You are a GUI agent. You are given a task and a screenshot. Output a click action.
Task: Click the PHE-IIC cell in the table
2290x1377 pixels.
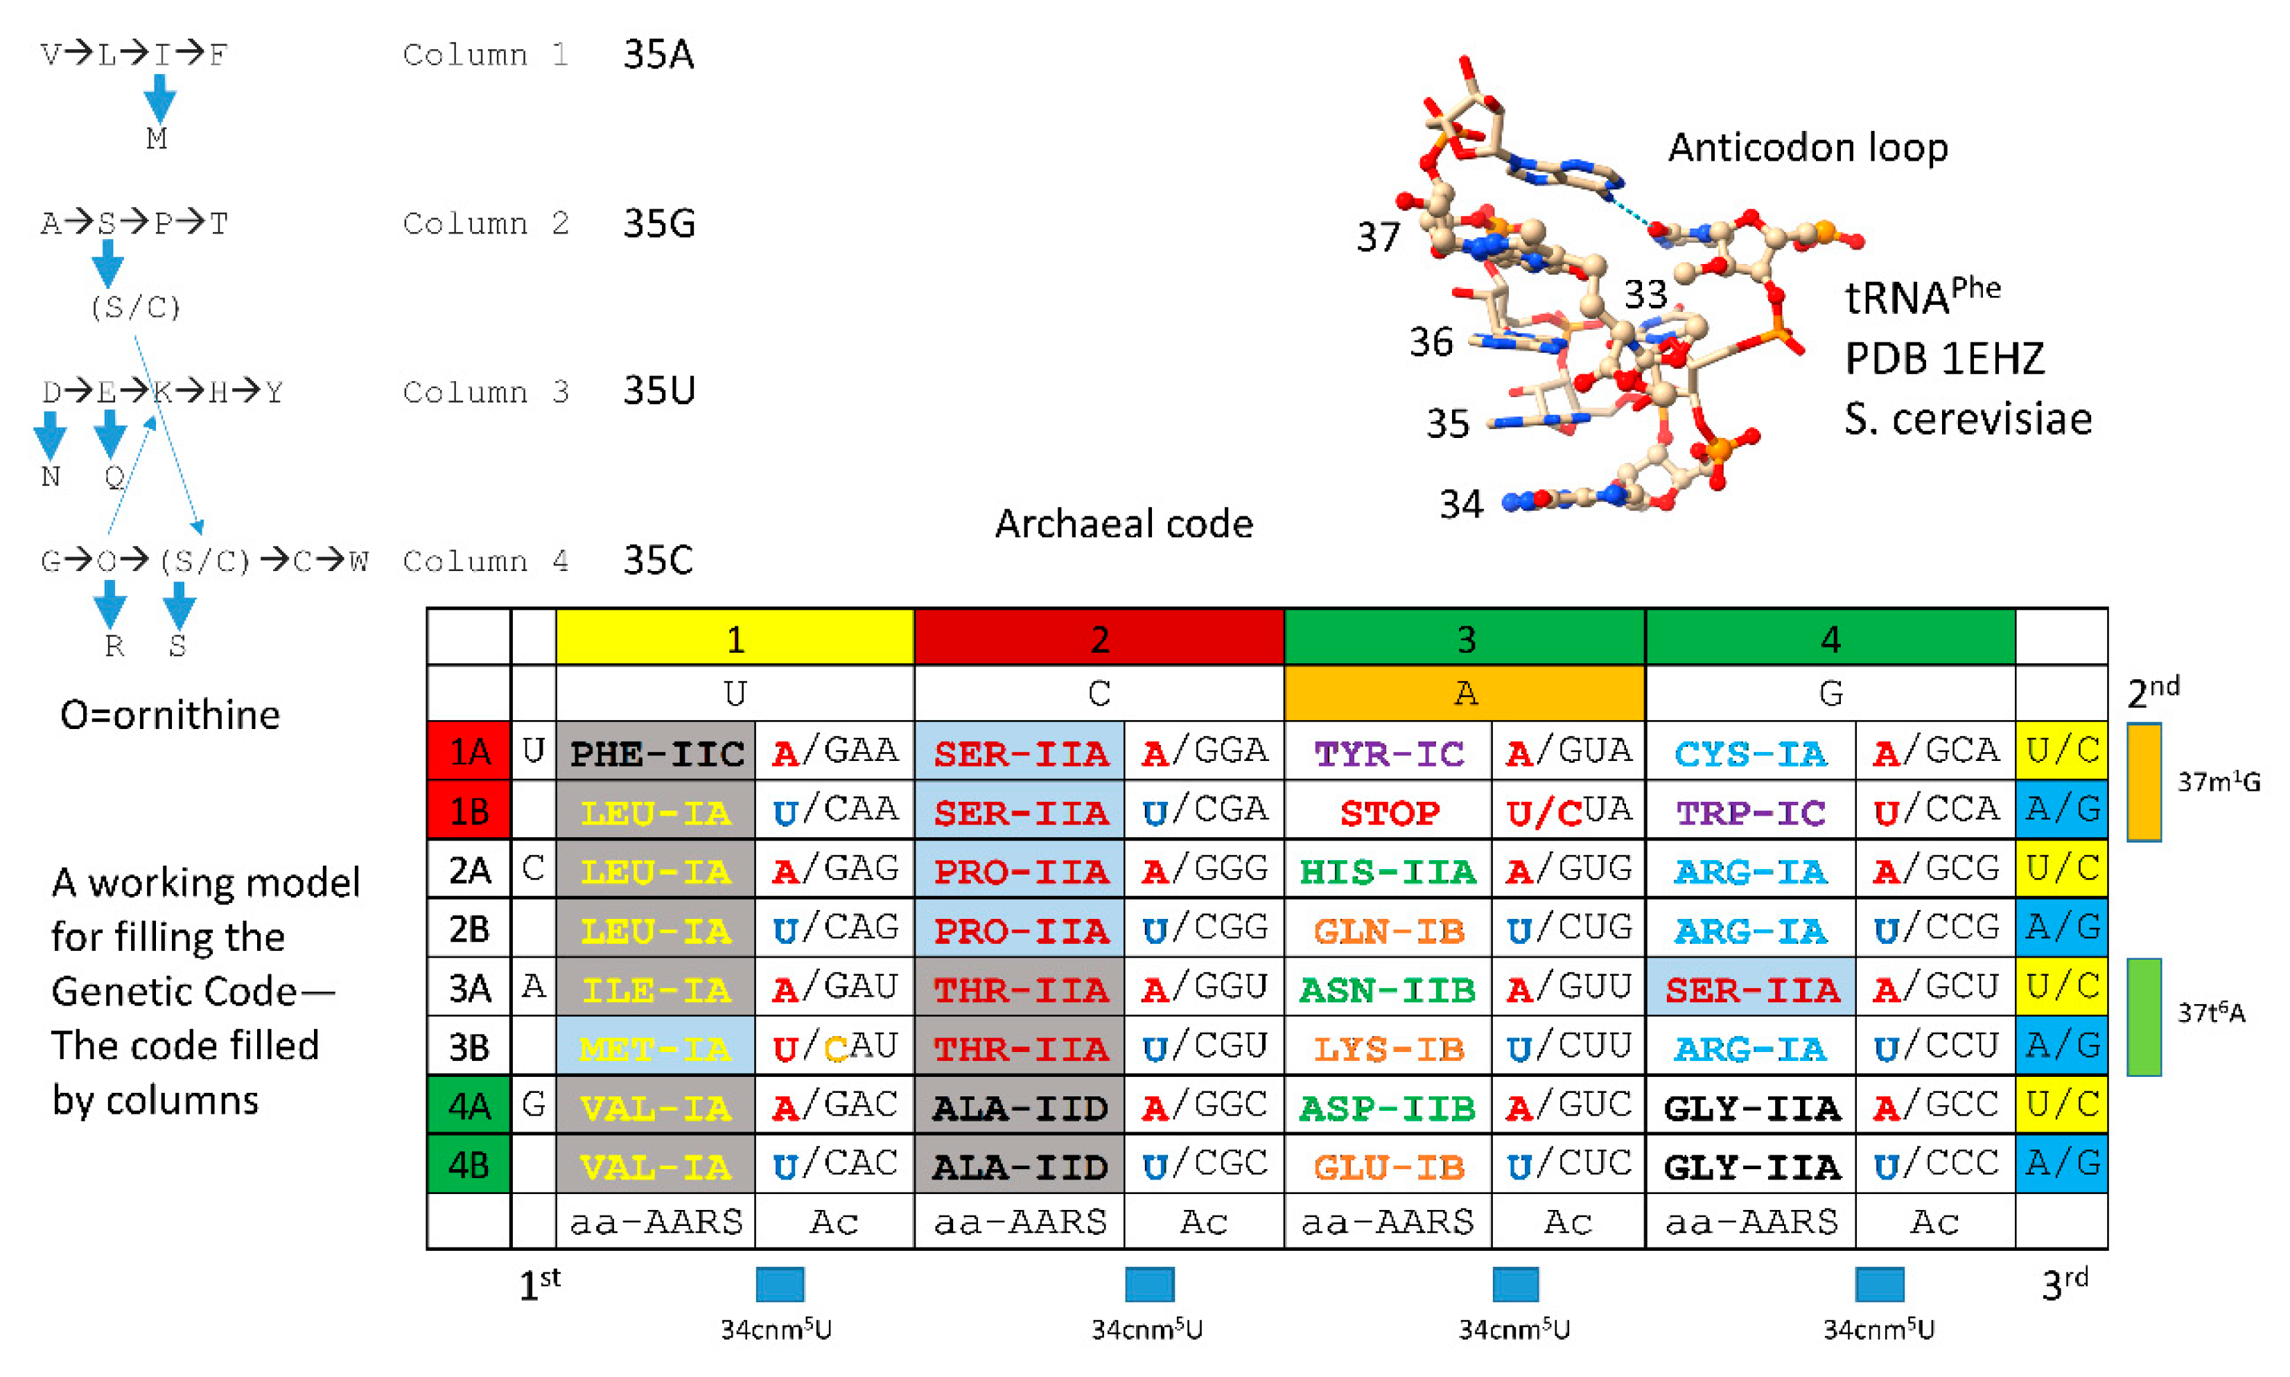(655, 752)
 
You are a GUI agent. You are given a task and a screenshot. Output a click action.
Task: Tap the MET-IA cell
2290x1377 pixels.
(655, 1048)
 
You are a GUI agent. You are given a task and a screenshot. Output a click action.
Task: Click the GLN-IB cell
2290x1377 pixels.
(1388, 930)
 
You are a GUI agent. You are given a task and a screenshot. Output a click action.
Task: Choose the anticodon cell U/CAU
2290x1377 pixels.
(834, 1048)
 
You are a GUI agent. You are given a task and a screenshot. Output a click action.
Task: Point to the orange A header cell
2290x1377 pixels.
(1465, 693)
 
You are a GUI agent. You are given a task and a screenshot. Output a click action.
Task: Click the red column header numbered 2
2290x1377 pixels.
(1099, 638)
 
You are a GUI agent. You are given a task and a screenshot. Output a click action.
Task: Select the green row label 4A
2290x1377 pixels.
(469, 1106)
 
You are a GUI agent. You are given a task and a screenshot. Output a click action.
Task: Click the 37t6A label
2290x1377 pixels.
(2211, 1012)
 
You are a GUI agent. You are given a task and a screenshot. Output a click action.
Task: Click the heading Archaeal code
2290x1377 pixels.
(1124, 525)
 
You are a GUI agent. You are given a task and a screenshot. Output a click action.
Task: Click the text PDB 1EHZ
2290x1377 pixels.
(1944, 358)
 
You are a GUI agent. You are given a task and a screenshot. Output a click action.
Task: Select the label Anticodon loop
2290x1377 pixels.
(1808, 148)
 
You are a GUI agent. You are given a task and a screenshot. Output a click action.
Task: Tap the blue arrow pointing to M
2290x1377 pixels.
(159, 98)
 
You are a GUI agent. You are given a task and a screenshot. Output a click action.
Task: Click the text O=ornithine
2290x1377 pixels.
(170, 714)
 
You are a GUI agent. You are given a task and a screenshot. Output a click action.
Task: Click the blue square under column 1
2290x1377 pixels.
(780, 1284)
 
